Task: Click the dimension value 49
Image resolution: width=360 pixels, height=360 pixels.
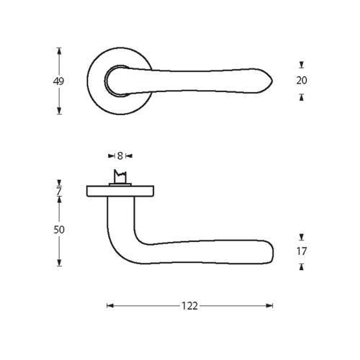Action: click(58, 81)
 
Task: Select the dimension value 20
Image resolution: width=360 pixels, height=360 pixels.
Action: click(302, 81)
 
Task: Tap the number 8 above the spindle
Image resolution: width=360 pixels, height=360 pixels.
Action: click(120, 156)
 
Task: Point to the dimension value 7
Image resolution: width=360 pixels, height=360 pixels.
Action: click(59, 191)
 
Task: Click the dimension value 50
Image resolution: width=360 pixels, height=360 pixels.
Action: click(59, 230)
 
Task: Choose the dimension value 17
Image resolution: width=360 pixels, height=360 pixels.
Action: click(302, 251)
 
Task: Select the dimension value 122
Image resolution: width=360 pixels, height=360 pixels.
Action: click(189, 306)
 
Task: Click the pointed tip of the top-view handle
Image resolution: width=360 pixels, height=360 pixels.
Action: click(272, 81)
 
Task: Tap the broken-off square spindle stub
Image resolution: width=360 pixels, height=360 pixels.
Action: click(120, 176)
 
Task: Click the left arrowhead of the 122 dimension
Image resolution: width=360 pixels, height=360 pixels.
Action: click(109, 306)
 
